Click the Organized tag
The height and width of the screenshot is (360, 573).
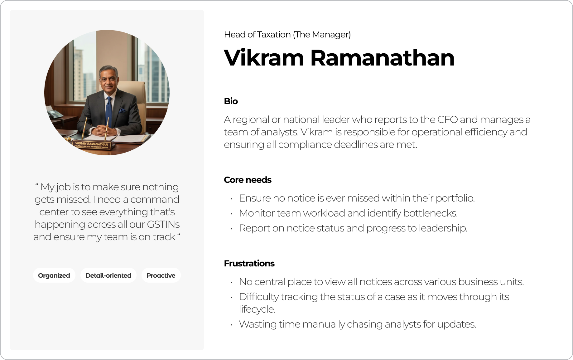(x=54, y=275)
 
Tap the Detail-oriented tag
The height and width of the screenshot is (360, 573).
(x=108, y=275)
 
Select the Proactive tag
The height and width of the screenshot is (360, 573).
(x=161, y=275)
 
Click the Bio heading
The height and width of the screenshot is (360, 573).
(x=231, y=101)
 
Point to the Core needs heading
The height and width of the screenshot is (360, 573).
(x=248, y=180)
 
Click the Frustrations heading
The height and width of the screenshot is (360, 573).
(x=249, y=263)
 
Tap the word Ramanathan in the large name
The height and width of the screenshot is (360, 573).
(x=383, y=58)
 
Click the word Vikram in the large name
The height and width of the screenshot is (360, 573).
(x=264, y=58)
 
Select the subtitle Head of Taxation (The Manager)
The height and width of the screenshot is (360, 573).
(x=287, y=34)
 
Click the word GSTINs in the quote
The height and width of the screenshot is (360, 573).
(x=163, y=224)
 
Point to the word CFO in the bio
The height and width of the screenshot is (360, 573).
(x=448, y=119)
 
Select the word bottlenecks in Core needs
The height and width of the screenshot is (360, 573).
(x=430, y=213)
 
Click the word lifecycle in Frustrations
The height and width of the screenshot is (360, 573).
(x=257, y=309)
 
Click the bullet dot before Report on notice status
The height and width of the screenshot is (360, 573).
(x=231, y=229)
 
